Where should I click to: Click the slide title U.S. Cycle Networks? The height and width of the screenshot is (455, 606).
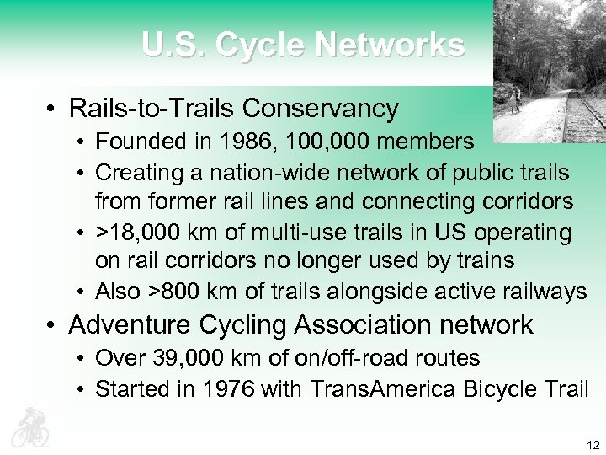click(302, 44)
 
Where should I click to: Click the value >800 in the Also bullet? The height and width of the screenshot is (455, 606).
click(180, 292)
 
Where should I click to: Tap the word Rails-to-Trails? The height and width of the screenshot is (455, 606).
click(152, 109)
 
